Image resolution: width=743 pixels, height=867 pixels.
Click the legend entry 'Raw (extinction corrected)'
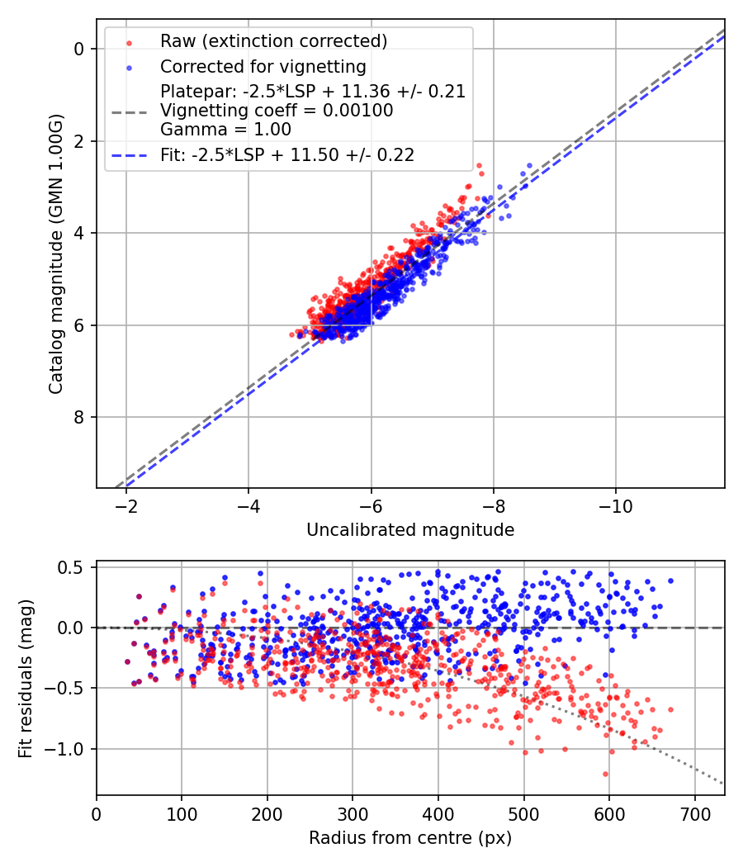[273, 41]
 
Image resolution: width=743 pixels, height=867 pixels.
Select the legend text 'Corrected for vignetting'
[263, 66]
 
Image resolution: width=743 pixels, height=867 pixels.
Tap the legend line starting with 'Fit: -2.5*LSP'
[286, 154]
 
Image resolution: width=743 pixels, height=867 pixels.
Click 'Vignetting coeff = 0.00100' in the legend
[277, 111]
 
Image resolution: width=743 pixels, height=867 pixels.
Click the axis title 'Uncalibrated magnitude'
[410, 530]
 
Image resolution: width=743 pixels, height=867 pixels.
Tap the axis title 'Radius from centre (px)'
[410, 838]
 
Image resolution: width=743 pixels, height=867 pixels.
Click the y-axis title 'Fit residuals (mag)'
[26, 679]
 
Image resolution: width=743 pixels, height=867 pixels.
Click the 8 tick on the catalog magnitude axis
[80, 417]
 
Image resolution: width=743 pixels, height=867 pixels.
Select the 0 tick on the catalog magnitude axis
[80, 49]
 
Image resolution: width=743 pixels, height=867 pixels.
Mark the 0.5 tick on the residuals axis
[73, 567]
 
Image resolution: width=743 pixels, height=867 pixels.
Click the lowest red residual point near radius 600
[605, 774]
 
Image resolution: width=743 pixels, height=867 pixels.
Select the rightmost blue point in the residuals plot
[670, 580]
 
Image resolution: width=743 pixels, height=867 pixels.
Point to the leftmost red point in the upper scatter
[292, 334]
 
